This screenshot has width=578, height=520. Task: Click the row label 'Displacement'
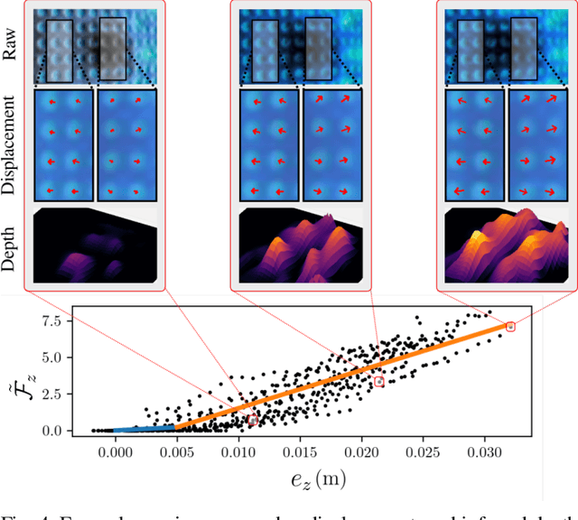10,144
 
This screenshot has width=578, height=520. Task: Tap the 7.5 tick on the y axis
52,320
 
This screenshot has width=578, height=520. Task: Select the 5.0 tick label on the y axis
52,357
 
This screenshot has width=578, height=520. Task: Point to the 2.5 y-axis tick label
52,395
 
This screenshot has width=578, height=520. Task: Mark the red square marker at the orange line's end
510,327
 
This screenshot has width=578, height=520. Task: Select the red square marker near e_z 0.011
253,421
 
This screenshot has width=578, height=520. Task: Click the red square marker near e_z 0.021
379,382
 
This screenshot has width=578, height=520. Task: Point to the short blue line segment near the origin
144,428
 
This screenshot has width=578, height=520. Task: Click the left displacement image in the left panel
63,144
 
